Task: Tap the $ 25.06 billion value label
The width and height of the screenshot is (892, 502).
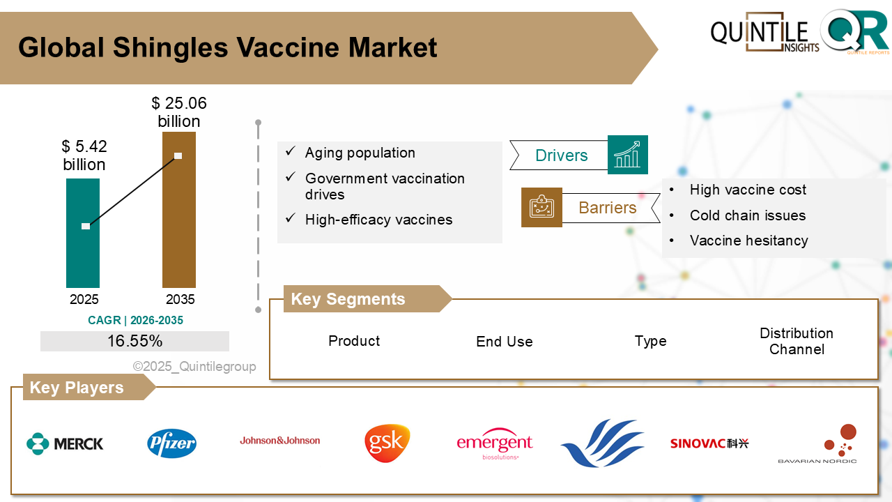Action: (x=179, y=112)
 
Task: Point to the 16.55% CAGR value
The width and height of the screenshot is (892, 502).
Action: (x=134, y=341)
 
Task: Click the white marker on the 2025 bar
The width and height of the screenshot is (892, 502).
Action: (x=86, y=226)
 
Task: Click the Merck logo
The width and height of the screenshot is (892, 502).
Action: (x=65, y=443)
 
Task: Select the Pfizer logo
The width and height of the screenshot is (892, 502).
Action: (x=171, y=443)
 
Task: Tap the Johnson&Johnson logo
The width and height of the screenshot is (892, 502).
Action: (x=280, y=441)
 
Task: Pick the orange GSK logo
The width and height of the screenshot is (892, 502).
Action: (x=387, y=443)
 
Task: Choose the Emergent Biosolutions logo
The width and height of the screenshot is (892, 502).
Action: (x=494, y=444)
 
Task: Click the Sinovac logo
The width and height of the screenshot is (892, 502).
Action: (x=709, y=443)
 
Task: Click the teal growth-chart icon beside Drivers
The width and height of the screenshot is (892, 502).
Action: (x=627, y=155)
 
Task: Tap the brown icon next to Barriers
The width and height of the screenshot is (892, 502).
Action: (x=541, y=208)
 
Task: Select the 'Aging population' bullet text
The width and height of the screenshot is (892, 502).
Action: (x=360, y=153)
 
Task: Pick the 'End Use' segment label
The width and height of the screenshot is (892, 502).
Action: (x=504, y=342)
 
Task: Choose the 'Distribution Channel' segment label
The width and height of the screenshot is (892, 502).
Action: (x=796, y=341)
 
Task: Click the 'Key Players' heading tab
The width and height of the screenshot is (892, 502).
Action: (x=77, y=388)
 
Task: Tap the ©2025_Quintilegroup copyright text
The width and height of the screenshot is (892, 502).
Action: (x=194, y=367)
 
